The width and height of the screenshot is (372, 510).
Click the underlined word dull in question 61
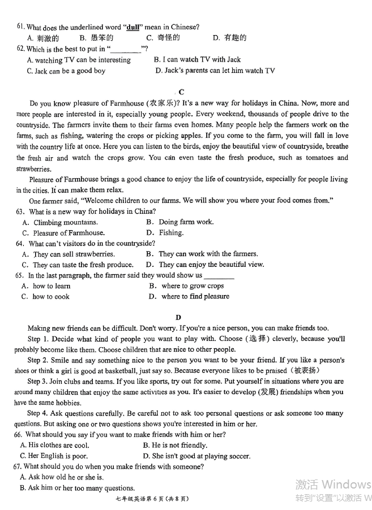[x=132, y=27]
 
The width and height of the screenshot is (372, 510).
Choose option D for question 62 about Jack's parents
[x=215, y=71]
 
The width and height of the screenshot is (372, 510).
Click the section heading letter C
[x=181, y=92]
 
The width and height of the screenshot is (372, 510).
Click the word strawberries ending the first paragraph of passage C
[x=33, y=168]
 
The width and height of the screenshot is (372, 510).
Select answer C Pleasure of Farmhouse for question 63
[x=63, y=232]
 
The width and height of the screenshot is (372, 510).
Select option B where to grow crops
[x=186, y=286]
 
